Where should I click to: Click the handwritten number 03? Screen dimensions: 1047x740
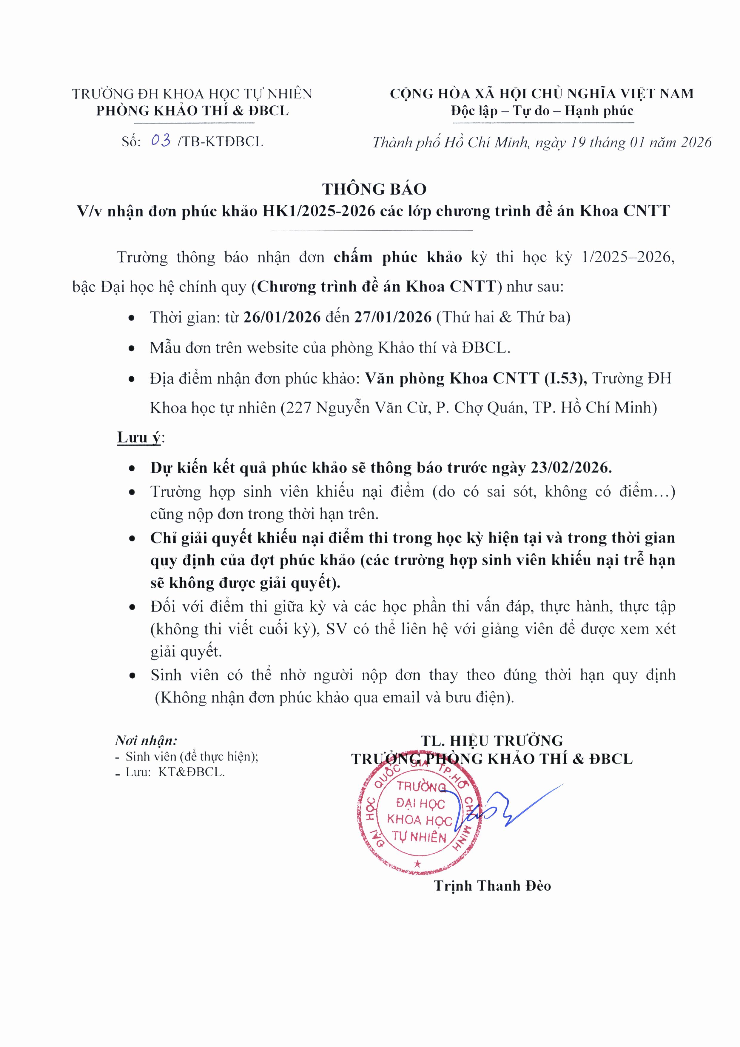coord(161,141)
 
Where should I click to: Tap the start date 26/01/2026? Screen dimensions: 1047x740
coord(282,317)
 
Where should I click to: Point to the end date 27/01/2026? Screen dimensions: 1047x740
coord(393,317)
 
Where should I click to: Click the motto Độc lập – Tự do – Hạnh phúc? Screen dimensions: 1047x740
coord(542,111)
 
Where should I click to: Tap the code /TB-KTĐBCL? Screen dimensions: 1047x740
coord(221,142)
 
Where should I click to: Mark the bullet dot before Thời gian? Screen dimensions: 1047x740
coord(132,318)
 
